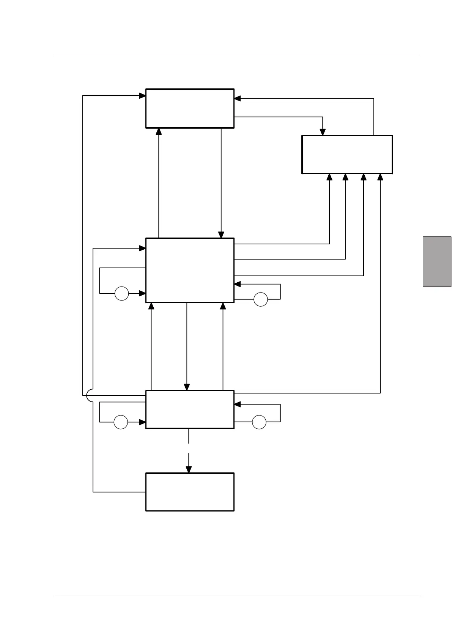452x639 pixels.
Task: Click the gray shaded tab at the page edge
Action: click(x=437, y=262)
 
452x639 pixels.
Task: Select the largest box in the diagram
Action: click(x=190, y=270)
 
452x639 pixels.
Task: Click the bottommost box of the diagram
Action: click(x=190, y=492)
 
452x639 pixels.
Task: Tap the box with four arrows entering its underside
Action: click(x=347, y=154)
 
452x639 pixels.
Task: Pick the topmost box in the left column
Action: click(x=190, y=109)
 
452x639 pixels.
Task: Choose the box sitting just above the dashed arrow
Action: click(x=190, y=409)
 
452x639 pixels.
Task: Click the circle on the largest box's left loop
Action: click(x=122, y=293)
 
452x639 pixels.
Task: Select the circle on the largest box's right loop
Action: click(x=260, y=299)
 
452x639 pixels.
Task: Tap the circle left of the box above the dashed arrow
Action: click(x=121, y=422)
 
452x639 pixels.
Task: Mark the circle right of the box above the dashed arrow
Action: click(x=259, y=422)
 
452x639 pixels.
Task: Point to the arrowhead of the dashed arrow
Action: click(x=189, y=469)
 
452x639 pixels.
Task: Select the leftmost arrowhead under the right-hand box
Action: click(x=329, y=177)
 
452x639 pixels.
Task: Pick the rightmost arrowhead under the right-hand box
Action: click(x=380, y=177)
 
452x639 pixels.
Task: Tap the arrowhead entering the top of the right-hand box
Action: click(x=323, y=132)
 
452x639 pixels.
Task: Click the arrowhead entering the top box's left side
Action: click(x=143, y=96)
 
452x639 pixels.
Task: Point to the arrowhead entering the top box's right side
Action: click(x=238, y=99)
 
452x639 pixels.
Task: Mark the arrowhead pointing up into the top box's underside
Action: click(x=159, y=131)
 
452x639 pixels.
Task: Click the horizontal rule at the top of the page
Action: click(x=237, y=56)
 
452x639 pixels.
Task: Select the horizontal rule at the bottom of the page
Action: click(x=237, y=596)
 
